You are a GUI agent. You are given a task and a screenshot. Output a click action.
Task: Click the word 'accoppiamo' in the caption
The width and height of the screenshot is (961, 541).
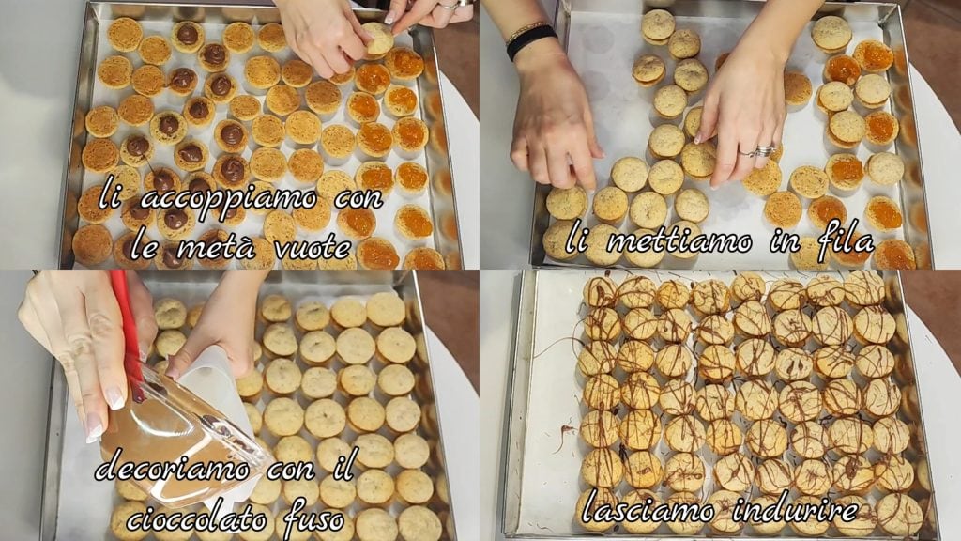click(x=229, y=199)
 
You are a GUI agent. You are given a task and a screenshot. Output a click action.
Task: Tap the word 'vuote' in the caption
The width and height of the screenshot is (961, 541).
click(x=312, y=247)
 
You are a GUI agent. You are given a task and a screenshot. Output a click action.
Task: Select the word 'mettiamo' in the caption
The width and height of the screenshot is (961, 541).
click(x=679, y=240)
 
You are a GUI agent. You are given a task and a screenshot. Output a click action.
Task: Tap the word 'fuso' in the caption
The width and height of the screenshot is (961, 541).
click(x=313, y=518)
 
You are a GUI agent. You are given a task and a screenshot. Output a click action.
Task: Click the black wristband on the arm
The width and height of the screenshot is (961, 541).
click(x=531, y=41)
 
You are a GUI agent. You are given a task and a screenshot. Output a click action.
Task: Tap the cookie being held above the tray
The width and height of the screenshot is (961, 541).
click(x=378, y=38)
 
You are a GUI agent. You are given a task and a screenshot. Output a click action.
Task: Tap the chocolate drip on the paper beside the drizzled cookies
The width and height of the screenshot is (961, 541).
click(x=564, y=441)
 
